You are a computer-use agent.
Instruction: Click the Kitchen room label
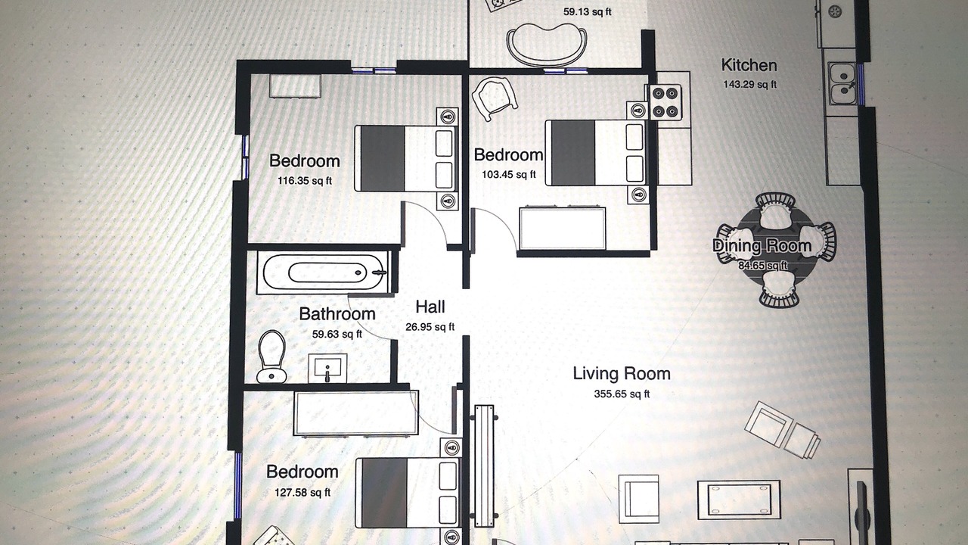click(x=749, y=65)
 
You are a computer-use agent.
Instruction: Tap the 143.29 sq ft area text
click(x=749, y=84)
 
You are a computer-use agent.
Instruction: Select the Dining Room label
click(x=762, y=246)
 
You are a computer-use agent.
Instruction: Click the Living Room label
click(x=622, y=374)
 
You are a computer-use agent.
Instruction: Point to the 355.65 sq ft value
click(x=622, y=394)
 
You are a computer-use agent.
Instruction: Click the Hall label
click(x=430, y=307)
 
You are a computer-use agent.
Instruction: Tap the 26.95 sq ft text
click(x=430, y=327)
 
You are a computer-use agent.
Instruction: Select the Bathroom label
click(x=337, y=314)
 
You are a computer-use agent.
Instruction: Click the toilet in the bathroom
click(x=271, y=357)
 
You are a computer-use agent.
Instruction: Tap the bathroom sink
click(x=327, y=368)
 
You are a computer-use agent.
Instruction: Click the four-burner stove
click(x=665, y=102)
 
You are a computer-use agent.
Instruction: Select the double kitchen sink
click(x=842, y=83)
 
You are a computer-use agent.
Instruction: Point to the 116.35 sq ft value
click(x=305, y=181)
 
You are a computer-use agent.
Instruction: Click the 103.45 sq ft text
click(x=509, y=174)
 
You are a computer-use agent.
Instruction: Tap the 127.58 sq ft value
click(x=302, y=492)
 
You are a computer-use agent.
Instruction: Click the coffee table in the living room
click(x=739, y=500)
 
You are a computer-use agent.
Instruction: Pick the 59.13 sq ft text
click(x=588, y=11)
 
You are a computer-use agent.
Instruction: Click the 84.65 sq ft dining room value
click(x=763, y=265)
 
